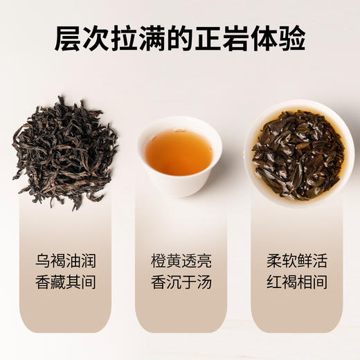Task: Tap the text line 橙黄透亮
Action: (181, 262)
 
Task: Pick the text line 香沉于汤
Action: (181, 282)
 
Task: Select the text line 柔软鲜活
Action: (296, 262)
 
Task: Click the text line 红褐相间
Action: (296, 282)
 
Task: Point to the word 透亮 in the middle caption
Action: (196, 262)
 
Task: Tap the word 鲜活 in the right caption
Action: (312, 262)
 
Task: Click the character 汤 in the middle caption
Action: (204, 282)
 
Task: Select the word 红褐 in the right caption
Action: (281, 282)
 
